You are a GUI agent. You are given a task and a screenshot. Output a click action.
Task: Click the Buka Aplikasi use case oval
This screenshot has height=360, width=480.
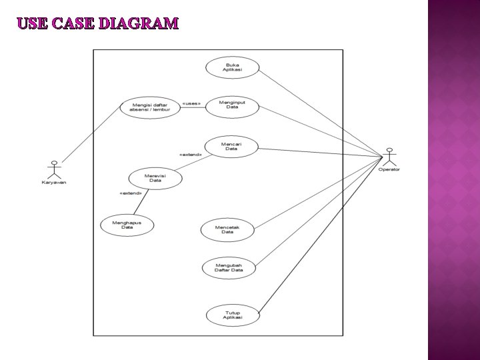[232, 67]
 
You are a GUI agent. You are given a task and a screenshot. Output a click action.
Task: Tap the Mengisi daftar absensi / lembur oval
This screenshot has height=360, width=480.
[150, 107]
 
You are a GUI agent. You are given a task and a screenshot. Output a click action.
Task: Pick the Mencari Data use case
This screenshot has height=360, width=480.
[231, 146]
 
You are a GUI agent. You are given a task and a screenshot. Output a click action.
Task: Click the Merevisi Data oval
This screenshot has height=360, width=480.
[155, 178]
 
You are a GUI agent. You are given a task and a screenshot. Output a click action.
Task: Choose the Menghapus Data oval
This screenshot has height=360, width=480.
[127, 225]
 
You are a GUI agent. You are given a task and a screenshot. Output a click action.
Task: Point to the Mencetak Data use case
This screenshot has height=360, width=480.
[227, 229]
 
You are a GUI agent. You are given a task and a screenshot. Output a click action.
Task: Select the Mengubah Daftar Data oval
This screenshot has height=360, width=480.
[229, 268]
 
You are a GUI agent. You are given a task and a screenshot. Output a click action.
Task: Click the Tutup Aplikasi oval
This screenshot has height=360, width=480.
[233, 315]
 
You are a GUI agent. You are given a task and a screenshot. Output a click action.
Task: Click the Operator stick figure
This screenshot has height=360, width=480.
[389, 157]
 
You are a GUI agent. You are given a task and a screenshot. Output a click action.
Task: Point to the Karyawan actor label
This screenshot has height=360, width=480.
[55, 183]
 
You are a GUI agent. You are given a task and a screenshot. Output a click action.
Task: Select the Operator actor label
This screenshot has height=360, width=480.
[389, 170]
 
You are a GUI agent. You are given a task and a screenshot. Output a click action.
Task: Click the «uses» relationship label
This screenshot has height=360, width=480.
[191, 103]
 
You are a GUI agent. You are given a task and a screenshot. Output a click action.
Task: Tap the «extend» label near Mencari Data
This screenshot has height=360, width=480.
[191, 155]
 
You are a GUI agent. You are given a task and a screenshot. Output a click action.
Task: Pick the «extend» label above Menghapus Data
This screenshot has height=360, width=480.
[130, 193]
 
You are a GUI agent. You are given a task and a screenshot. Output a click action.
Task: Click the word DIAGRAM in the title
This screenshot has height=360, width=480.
[138, 24]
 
